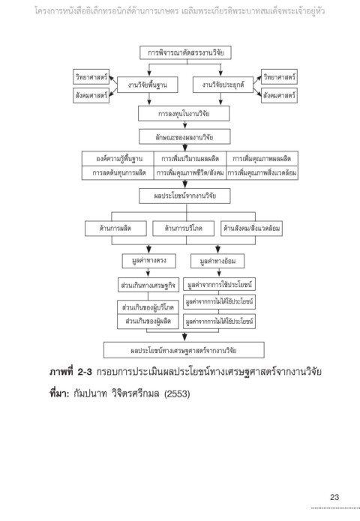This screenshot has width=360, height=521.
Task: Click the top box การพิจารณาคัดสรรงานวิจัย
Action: tap(185, 52)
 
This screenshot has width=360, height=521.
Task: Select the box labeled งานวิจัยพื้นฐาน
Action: tap(147, 85)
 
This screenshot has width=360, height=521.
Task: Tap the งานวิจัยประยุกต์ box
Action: tap(223, 85)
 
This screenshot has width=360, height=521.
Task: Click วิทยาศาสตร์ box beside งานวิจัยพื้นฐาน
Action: tap(91, 76)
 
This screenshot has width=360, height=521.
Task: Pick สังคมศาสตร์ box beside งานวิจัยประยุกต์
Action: tap(279, 95)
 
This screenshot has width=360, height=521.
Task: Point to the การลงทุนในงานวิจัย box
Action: tap(184, 113)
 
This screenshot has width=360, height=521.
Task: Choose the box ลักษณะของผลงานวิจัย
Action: tap(184, 137)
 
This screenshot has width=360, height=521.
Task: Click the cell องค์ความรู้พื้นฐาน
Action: tap(118, 158)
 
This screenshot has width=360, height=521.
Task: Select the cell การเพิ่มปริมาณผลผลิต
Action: tap(190, 158)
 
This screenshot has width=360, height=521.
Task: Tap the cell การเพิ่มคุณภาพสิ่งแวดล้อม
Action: tap(262, 172)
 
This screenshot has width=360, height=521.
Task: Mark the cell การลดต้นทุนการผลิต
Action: tap(118, 172)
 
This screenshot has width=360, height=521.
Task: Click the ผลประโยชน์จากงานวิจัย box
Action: tap(184, 196)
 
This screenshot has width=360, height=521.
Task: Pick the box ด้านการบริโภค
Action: tap(183, 229)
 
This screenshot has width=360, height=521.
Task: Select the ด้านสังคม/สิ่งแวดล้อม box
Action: tap(252, 229)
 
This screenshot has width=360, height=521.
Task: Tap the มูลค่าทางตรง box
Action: tap(149, 261)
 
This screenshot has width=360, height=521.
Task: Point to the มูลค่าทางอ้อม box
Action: tap(217, 261)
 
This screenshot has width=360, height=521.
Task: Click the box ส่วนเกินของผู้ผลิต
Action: tap(148, 322)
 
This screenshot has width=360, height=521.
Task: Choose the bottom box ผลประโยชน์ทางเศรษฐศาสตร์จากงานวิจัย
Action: tap(184, 350)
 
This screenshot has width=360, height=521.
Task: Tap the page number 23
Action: tap(334, 497)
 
